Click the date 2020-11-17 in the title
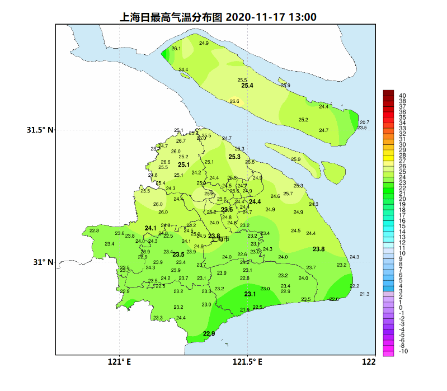tap(255, 17)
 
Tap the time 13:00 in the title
tap(302, 17)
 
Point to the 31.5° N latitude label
tap(40, 130)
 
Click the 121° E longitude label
tap(119, 361)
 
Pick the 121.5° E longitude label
tap(248, 361)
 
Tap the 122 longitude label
tap(368, 361)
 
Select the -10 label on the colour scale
tap(403, 351)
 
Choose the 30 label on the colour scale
tap(402, 145)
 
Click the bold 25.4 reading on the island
tap(247, 86)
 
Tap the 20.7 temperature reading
tap(365, 122)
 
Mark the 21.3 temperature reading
tap(365, 294)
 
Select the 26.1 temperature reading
tap(176, 49)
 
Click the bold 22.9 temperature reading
tap(209, 334)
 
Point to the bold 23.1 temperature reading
tap(250, 294)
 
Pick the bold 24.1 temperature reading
tap(150, 228)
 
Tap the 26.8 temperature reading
tap(250, 162)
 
